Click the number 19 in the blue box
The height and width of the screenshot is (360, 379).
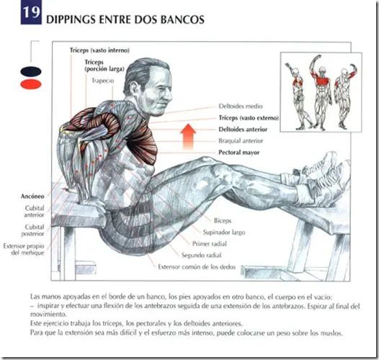point(31,12)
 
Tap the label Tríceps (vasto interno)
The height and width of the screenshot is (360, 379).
point(99,50)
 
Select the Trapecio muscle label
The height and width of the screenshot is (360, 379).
point(103,81)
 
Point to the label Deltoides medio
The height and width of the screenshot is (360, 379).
point(241,107)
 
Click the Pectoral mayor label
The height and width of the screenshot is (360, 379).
point(239,153)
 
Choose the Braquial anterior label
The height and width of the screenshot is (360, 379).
point(241,141)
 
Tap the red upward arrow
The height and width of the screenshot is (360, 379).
point(188,137)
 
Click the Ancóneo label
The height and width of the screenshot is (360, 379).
point(32,196)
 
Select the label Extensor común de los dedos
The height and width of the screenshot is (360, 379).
point(197,266)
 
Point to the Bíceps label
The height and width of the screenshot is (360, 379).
point(223,220)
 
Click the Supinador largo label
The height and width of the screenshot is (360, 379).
point(224,233)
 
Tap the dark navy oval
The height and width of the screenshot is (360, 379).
point(31,71)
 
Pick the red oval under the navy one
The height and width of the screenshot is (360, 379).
point(31,84)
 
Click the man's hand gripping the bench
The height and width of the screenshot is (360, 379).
point(93,205)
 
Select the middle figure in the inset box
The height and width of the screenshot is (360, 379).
point(320,93)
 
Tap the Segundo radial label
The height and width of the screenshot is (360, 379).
point(201,255)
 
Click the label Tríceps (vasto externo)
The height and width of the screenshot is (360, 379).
point(249,118)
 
